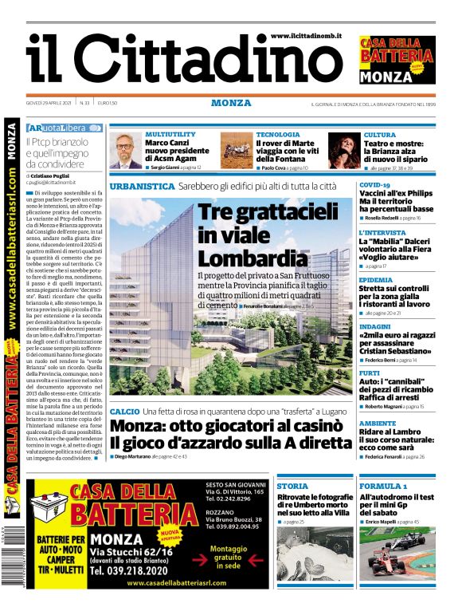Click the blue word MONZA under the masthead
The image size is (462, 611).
(231, 103)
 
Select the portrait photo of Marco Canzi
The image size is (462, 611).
(125, 151)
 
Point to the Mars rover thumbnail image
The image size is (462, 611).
(236, 149)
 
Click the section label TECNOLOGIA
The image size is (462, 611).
(278, 134)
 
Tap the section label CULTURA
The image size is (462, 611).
(379, 135)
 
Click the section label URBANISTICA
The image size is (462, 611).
(142, 186)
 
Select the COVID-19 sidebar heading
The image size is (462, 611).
(374, 185)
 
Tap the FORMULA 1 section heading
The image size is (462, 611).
(383, 486)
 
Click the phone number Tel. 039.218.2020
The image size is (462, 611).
(137, 571)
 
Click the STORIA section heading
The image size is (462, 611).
(292, 486)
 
